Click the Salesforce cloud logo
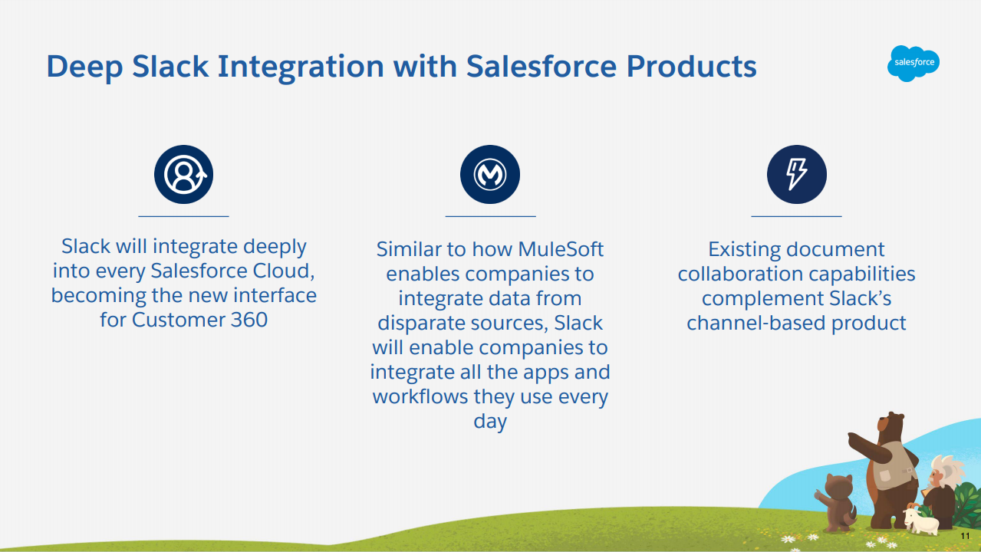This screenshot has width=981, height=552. click(913, 63)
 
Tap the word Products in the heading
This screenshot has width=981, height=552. click(691, 66)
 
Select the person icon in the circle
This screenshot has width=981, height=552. click(184, 174)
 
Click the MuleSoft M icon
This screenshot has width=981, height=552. click(490, 174)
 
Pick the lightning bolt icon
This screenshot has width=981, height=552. click(797, 174)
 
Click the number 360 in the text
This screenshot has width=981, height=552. click(249, 320)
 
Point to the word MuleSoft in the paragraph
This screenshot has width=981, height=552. click(561, 249)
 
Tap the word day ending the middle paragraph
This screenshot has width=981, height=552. click(490, 421)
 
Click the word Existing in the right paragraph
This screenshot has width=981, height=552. click(745, 249)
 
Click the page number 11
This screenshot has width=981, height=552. click(965, 536)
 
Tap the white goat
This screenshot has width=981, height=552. click(921, 521)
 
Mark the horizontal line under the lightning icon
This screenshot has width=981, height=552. click(796, 216)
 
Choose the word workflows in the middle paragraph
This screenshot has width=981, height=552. click(420, 396)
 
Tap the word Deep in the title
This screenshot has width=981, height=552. click(84, 67)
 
